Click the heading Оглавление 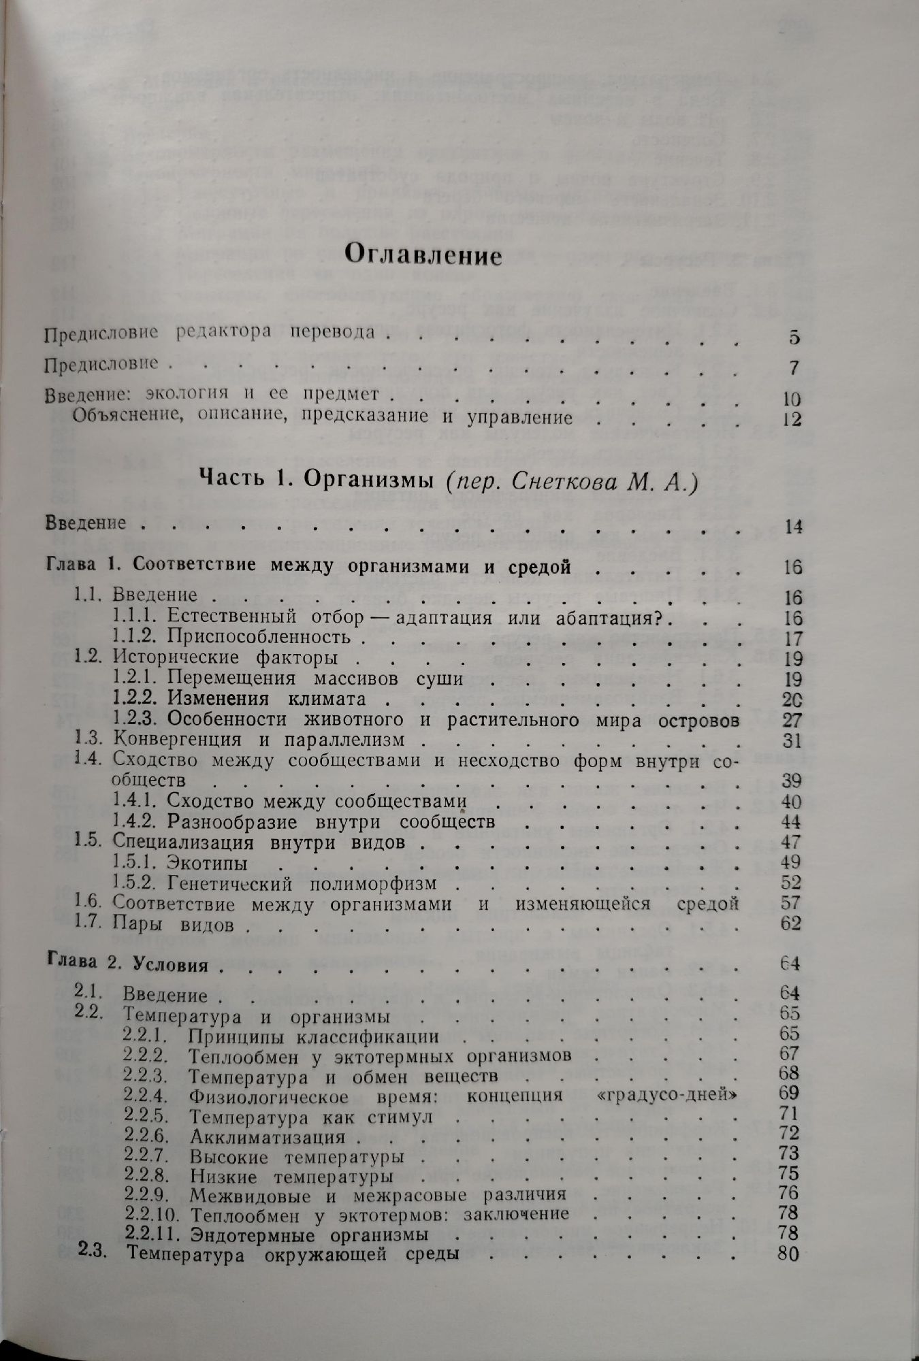click(423, 256)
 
